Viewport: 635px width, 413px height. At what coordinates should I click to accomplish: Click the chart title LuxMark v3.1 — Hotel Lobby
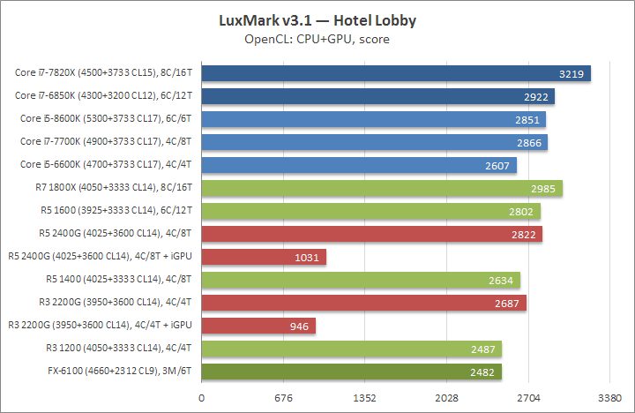[x=317, y=19]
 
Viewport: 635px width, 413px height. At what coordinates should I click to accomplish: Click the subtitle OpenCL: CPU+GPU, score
[x=317, y=39]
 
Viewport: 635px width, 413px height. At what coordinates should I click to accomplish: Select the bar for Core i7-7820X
[x=396, y=73]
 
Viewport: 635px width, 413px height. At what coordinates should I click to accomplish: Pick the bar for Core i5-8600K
[x=374, y=119]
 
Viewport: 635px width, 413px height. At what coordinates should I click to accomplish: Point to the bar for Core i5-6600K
[x=359, y=165]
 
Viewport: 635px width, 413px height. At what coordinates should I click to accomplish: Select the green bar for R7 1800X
[x=382, y=188]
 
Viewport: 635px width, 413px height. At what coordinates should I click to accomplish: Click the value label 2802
[x=521, y=211]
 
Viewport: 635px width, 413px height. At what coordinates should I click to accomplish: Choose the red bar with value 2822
[x=372, y=234]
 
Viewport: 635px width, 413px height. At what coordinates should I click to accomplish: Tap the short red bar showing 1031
[x=264, y=257]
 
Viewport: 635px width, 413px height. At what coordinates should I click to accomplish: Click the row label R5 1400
[x=121, y=280]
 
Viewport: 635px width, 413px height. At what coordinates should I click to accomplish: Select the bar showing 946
[x=258, y=326]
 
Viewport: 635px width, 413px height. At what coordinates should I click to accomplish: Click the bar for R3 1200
[x=352, y=349]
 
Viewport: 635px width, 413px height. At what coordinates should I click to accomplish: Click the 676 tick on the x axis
[x=284, y=397]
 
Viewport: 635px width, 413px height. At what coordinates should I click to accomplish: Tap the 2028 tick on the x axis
[x=447, y=397]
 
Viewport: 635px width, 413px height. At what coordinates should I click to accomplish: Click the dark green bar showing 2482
[x=352, y=372]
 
